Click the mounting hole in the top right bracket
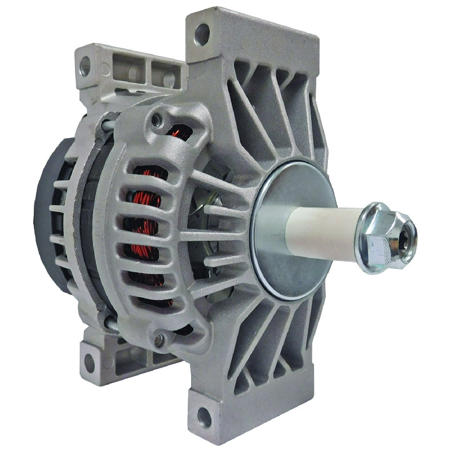click(202, 34)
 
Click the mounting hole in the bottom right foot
click(204, 417)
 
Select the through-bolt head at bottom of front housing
click(161, 339)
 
